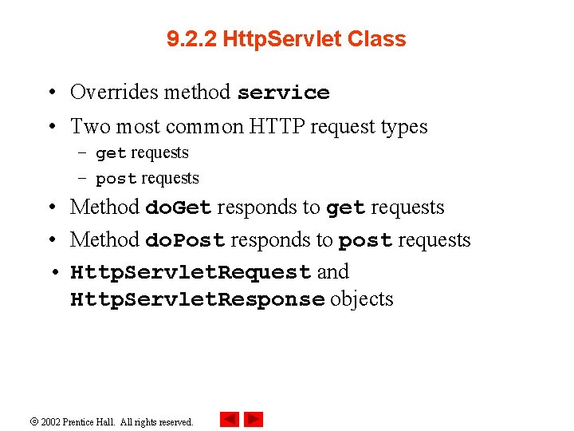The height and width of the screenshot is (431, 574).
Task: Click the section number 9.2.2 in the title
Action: [192, 39]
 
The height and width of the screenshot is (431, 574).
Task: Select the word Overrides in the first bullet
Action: [113, 92]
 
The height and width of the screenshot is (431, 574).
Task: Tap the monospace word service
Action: [283, 93]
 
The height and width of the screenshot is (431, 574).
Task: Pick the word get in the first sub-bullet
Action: [110, 153]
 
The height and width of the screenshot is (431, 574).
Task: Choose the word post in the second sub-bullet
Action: [115, 179]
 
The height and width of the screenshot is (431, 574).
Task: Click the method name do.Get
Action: [178, 208]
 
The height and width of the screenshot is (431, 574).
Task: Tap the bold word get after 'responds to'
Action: [345, 208]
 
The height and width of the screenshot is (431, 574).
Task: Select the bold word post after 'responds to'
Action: [364, 240]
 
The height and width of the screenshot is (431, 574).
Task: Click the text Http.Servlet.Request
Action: [191, 272]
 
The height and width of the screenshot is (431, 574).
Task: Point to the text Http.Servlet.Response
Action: [197, 299]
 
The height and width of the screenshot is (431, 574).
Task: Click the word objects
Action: [362, 299]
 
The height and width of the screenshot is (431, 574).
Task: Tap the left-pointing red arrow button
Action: [230, 419]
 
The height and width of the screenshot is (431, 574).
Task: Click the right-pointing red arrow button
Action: [254, 419]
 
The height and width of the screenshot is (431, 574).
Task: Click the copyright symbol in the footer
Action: [33, 421]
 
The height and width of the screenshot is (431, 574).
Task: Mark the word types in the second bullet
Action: [405, 126]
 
